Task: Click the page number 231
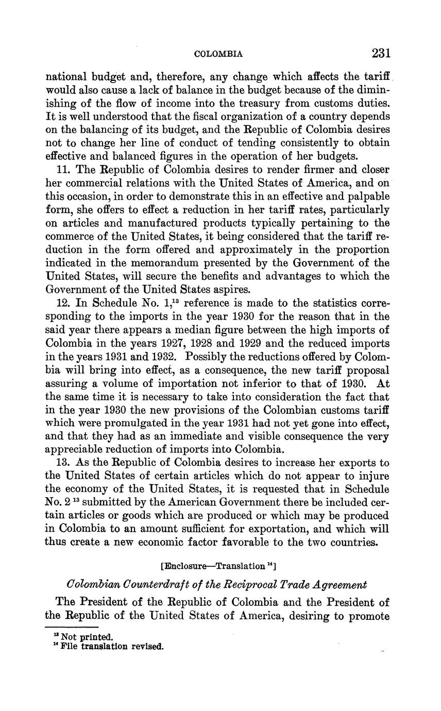381,53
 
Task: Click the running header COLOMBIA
218,54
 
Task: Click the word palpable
365,197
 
